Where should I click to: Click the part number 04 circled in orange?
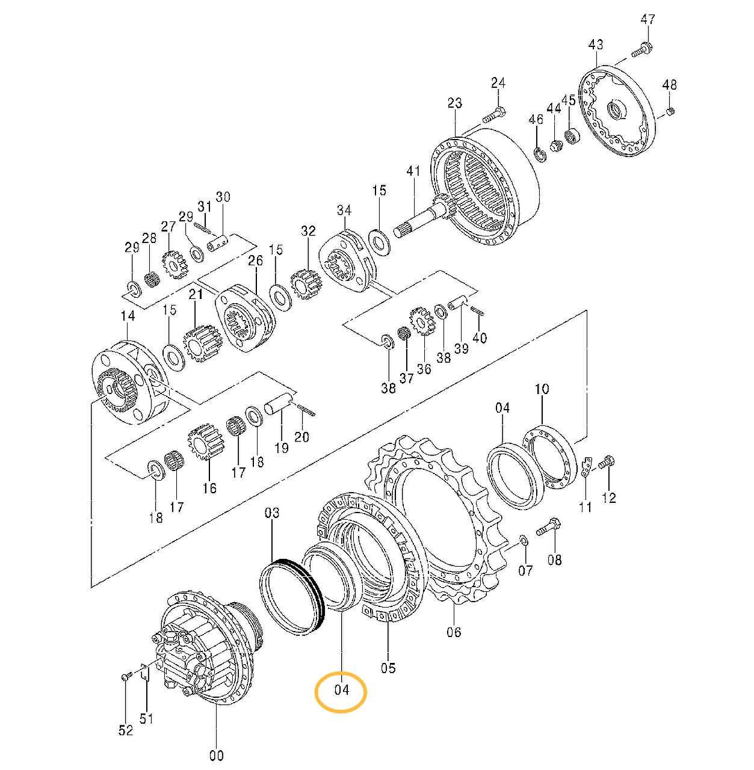pyautogui.click(x=341, y=690)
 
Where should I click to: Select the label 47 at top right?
pyautogui.click(x=647, y=19)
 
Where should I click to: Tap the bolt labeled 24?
pyautogui.click(x=495, y=112)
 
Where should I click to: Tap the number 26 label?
pyautogui.click(x=256, y=260)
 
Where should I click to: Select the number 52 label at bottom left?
pyautogui.click(x=125, y=730)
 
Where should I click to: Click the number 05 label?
pyautogui.click(x=388, y=667)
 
